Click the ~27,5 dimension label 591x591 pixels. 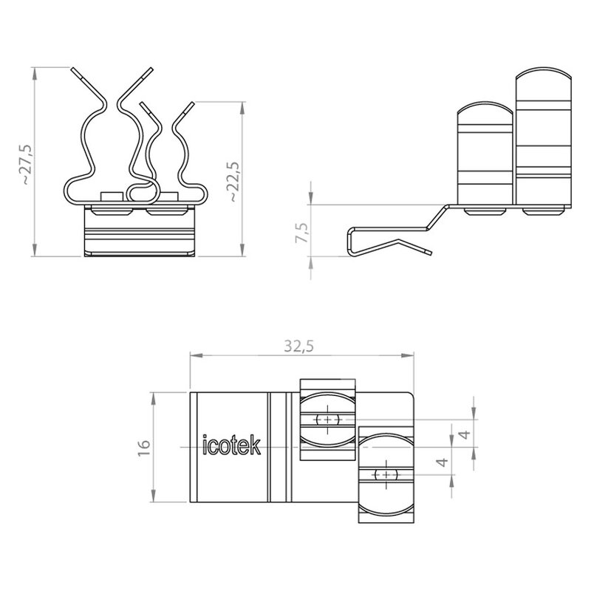coord(27,164)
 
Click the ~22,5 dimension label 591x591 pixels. coord(233,182)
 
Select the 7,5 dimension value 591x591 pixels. coord(302,233)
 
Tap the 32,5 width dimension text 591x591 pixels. coord(299,346)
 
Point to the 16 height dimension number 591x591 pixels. coord(144,448)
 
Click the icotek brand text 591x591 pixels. coord(231,445)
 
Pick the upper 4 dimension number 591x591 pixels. coord(466,434)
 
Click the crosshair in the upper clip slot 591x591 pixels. coord(327,419)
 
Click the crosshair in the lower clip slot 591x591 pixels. coord(386,474)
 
